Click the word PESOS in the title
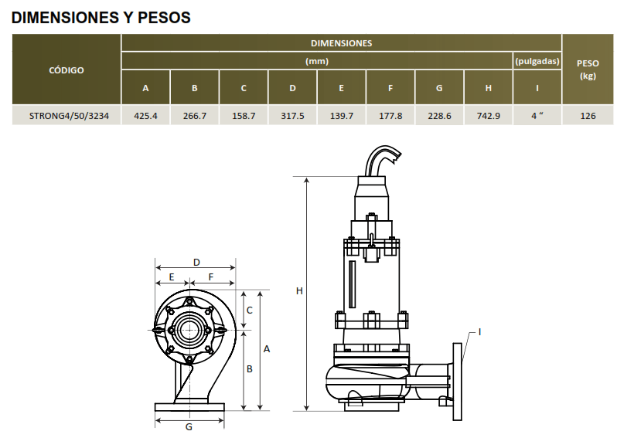tap(164, 18)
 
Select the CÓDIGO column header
tap(66, 70)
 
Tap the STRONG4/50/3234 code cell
tap(69, 116)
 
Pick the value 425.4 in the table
tap(145, 116)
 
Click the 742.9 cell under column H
tap(489, 116)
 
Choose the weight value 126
tap(588, 116)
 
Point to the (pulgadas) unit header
tap(537, 61)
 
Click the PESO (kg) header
tap(588, 70)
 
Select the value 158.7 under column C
tap(244, 116)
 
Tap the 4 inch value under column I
tap(537, 116)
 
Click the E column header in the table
tap(341, 88)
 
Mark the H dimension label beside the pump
tap(299, 291)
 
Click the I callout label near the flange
tap(479, 332)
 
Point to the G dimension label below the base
tap(189, 427)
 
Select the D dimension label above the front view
tap(196, 263)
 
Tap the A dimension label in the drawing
tap(267, 349)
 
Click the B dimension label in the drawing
tap(250, 368)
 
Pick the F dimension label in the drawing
tap(210, 277)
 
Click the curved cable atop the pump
tap(382, 159)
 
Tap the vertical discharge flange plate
tap(457, 382)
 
